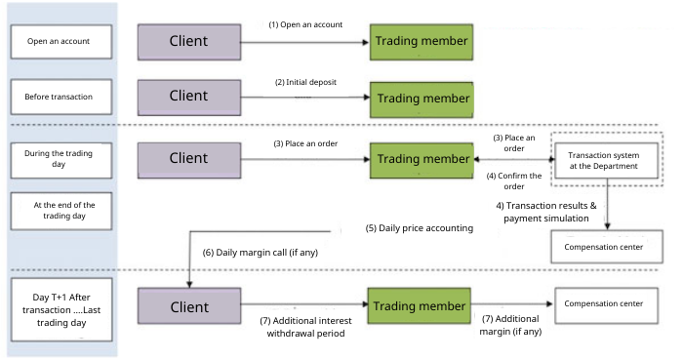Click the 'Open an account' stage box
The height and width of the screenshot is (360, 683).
60,42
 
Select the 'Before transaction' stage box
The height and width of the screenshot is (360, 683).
60,97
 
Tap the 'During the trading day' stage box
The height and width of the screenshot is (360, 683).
60,160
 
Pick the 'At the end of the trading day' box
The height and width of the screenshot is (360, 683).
60,211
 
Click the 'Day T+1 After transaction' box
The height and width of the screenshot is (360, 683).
61,309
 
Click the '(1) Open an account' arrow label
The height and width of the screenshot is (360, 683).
305,24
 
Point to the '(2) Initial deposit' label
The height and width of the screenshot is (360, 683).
305,82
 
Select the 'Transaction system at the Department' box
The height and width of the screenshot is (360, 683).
606,161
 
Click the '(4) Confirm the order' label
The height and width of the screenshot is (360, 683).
514,181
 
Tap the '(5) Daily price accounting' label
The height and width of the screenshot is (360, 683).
419,228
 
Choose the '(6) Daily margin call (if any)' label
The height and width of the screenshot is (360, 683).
261,253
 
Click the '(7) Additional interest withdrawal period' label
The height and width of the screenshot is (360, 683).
305,327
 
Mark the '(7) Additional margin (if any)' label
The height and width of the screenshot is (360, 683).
510,325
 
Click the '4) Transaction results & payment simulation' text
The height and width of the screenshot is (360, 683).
546,212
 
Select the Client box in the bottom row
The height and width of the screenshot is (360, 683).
189,306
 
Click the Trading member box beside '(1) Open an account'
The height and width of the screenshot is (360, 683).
422,42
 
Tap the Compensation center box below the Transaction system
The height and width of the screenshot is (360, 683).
607,247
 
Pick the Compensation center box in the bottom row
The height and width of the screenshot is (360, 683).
606,305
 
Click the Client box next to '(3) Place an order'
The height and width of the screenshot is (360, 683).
189,160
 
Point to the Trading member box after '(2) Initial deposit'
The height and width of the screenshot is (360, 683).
422,100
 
